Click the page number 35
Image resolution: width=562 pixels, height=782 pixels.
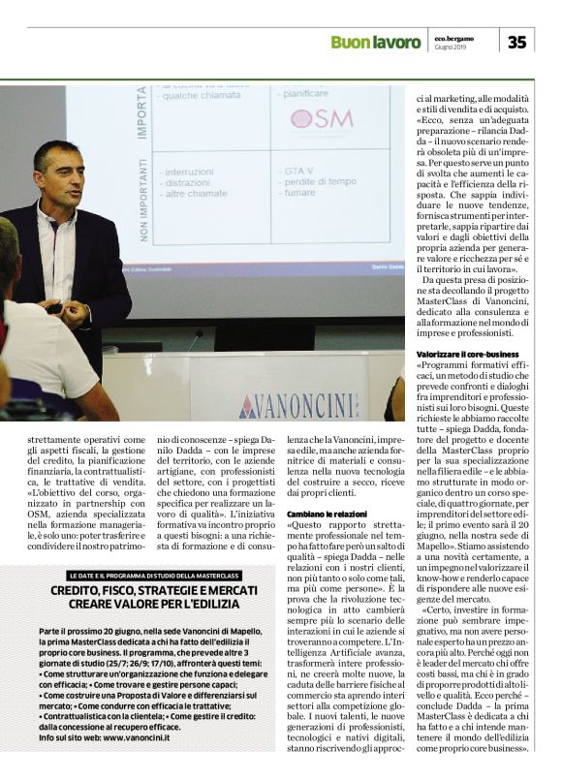click(516, 42)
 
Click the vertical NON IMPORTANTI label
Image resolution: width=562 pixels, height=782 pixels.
click(142, 204)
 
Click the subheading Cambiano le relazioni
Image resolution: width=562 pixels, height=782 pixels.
click(327, 513)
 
